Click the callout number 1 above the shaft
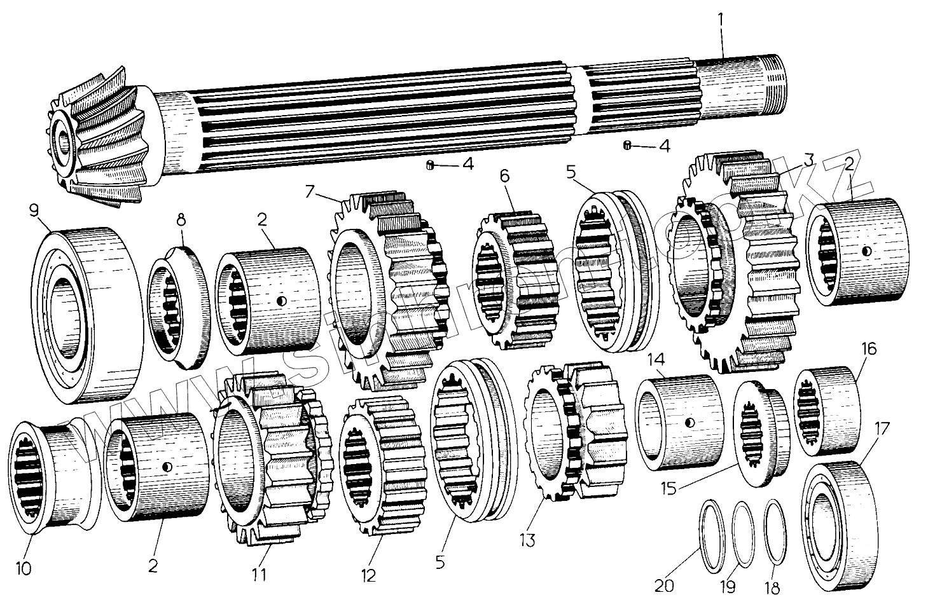pos(721,20)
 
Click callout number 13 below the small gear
pos(527,540)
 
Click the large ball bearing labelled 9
pos(86,315)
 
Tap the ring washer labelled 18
pos(774,531)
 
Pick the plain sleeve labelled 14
pos(679,423)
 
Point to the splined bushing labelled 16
pos(827,413)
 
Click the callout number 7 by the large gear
pos(310,190)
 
